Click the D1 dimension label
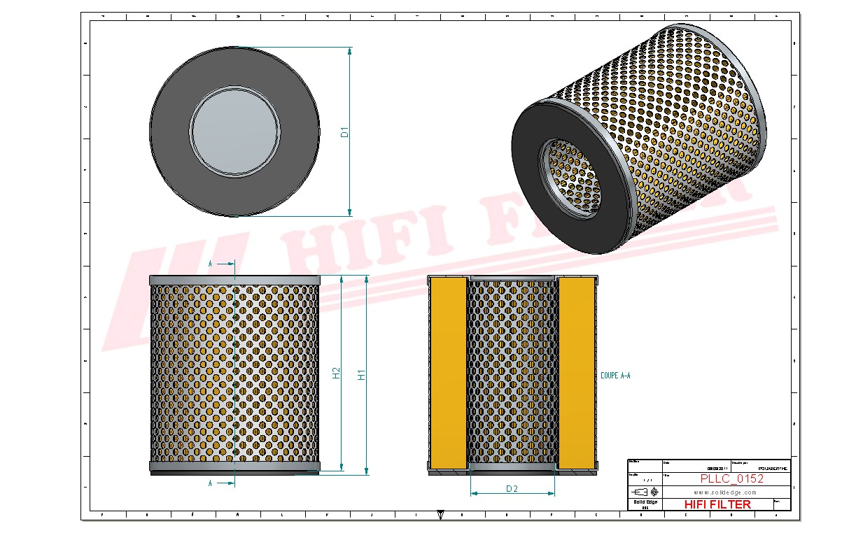[x=344, y=132]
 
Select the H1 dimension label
[x=362, y=375]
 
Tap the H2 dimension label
[x=337, y=373]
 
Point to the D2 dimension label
[x=512, y=489]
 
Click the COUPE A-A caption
[x=615, y=376]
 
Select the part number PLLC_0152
[x=731, y=478]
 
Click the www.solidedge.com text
[x=725, y=492]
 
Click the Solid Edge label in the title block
[x=645, y=502]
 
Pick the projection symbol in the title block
[x=645, y=492]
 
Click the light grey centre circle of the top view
[x=235, y=131]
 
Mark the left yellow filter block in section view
[x=447, y=373]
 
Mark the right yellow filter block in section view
[x=577, y=373]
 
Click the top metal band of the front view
[x=234, y=280]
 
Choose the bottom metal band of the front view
[x=234, y=466]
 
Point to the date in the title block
[x=715, y=467]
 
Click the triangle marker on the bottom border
[x=440, y=516]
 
